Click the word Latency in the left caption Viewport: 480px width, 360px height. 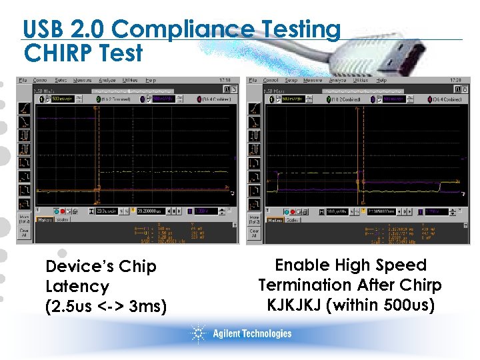click(77, 287)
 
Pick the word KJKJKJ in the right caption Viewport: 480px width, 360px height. click(303, 305)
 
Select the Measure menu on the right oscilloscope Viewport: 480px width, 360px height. click(313, 80)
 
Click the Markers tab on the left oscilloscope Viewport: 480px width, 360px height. click(45, 219)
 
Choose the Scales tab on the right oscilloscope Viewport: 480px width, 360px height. click(291, 219)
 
